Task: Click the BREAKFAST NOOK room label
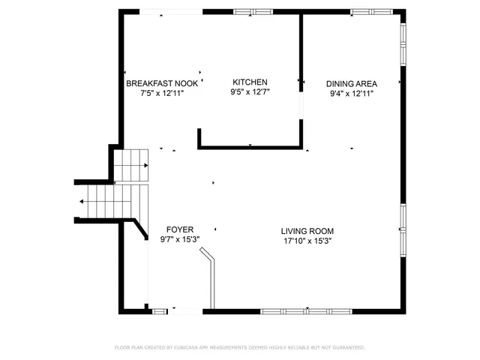click(161, 83)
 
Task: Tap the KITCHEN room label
click(250, 82)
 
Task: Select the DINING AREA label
click(351, 83)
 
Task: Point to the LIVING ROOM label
click(307, 231)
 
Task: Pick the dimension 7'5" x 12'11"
click(161, 93)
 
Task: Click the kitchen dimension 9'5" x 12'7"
click(250, 92)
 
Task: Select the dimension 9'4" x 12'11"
click(351, 93)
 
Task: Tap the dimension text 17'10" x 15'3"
click(307, 241)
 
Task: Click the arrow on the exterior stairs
click(81, 201)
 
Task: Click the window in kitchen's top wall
click(253, 12)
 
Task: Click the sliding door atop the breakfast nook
click(172, 12)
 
